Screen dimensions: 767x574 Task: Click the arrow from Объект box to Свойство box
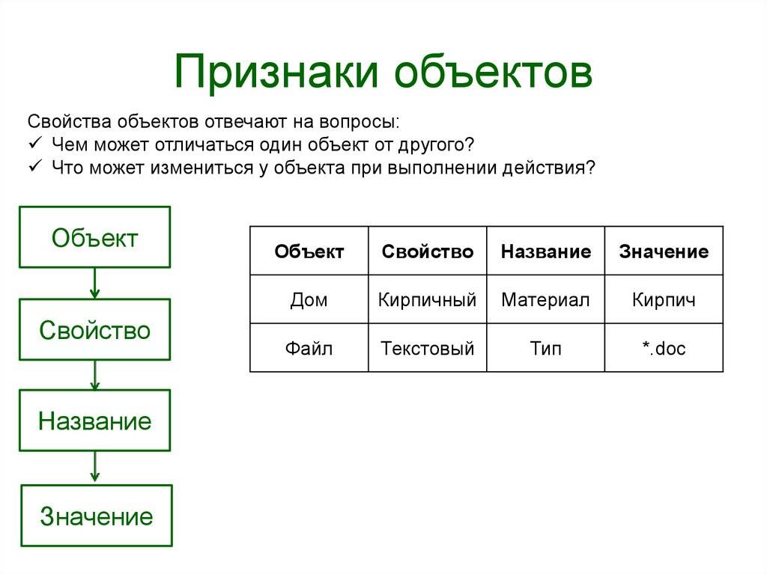95,284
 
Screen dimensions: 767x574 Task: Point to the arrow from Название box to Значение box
95,467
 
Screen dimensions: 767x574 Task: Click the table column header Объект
309,251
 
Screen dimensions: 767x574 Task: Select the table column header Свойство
428,251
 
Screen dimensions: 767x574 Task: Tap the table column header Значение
664,251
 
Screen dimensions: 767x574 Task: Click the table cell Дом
309,299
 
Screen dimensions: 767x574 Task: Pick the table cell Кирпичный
428,299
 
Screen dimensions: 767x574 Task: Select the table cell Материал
545,299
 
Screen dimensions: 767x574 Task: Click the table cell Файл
309,348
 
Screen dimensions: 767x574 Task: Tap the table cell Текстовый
428,348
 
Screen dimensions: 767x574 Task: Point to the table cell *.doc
664,348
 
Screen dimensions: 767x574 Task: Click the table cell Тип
545,348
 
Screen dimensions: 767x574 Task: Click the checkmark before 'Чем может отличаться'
35,143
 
